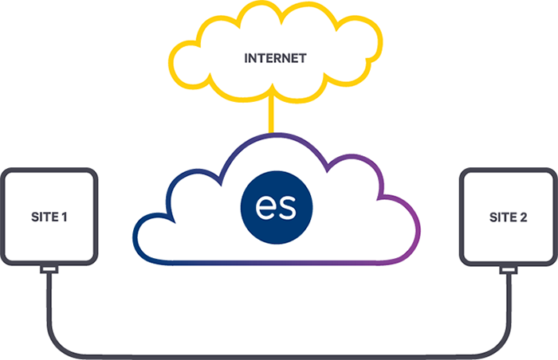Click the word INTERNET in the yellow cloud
click(275, 58)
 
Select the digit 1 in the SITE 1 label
click(65, 217)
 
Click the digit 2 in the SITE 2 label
click(524, 217)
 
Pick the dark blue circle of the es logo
click(277, 207)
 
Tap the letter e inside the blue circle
click(267, 207)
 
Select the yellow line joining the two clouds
click(271, 115)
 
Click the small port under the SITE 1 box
click(49, 270)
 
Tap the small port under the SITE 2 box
click(509, 270)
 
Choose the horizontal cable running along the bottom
click(279, 357)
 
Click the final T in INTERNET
click(302, 58)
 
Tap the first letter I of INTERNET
click(246, 58)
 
